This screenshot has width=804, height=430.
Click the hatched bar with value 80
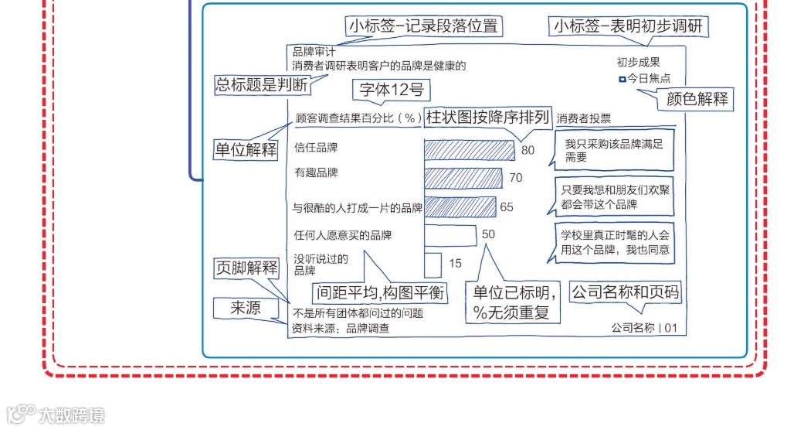[x=469, y=149]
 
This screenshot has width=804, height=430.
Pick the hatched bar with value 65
[x=460, y=207]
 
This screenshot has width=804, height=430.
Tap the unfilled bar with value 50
[x=450, y=234]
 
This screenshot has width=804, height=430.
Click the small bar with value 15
[x=433, y=264]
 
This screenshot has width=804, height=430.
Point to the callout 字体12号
[x=392, y=90]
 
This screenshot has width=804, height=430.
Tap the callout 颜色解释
[x=699, y=99]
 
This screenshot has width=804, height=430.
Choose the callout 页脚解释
[x=246, y=268]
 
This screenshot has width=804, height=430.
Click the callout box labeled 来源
[x=246, y=308]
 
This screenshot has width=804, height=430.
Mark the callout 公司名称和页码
[x=626, y=292]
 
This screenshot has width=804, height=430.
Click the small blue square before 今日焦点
[x=622, y=79]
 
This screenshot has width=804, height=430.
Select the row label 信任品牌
[x=317, y=146]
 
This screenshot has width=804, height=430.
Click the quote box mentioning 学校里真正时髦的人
[x=615, y=242]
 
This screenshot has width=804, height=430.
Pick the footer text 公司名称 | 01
[x=643, y=328]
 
